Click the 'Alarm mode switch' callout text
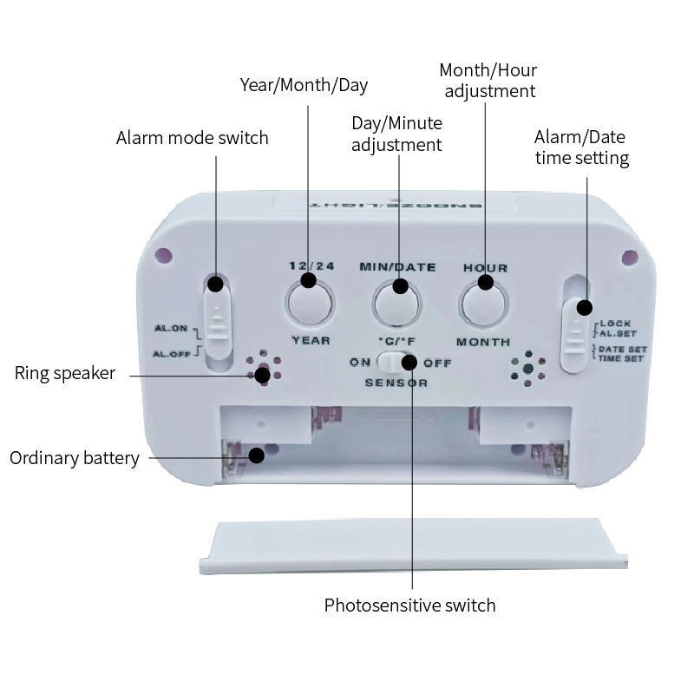point(193,138)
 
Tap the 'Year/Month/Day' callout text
point(304,85)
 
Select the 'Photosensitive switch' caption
point(409,606)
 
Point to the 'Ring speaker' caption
point(65,374)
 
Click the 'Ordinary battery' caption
point(75,458)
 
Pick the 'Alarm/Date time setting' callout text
point(581,147)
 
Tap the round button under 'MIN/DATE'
point(397,304)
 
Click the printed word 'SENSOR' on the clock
point(396,383)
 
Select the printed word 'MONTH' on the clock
point(483,342)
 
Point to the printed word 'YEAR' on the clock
point(311,340)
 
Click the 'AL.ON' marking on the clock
point(171,329)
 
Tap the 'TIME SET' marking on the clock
point(621,357)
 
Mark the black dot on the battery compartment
point(257,455)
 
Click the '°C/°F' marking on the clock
point(396,341)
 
